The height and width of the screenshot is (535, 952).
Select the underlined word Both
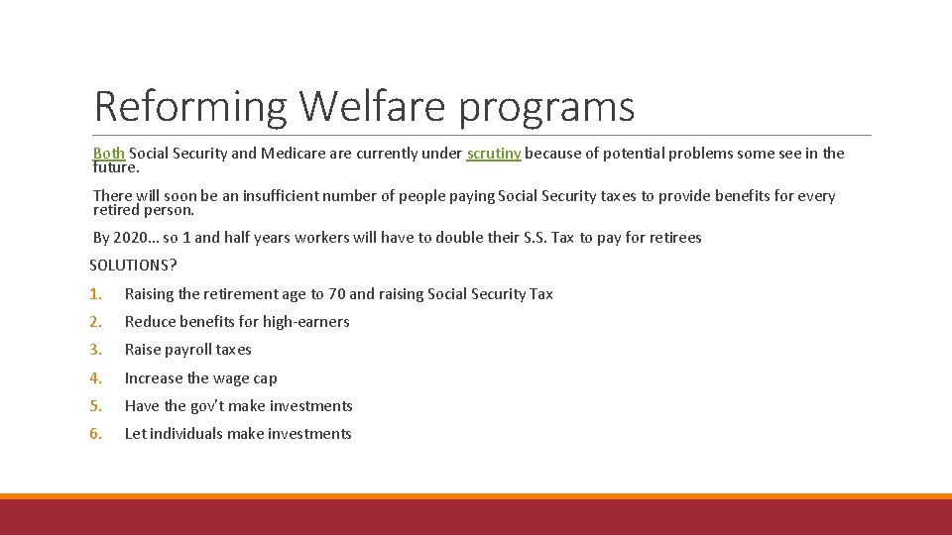pyautogui.click(x=109, y=154)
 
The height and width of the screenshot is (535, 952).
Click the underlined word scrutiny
pyautogui.click(x=493, y=154)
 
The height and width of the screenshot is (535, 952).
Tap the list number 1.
pyautogui.click(x=94, y=294)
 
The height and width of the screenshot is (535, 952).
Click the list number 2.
pyautogui.click(x=94, y=322)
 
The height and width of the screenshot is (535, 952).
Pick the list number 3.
pyautogui.click(x=94, y=350)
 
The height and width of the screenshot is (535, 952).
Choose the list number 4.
pyautogui.click(x=94, y=378)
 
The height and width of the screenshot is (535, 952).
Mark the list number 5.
pyautogui.click(x=94, y=406)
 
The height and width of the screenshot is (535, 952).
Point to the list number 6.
pyautogui.click(x=94, y=434)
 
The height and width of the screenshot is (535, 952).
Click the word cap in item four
pyautogui.click(x=265, y=378)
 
